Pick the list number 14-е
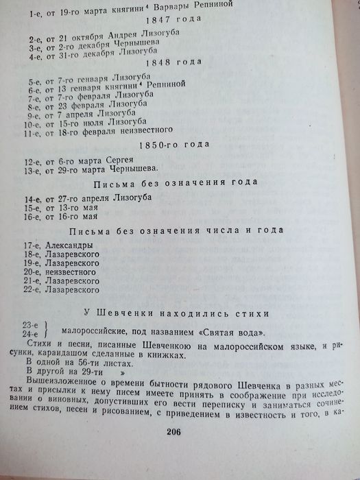tap(29, 200)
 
